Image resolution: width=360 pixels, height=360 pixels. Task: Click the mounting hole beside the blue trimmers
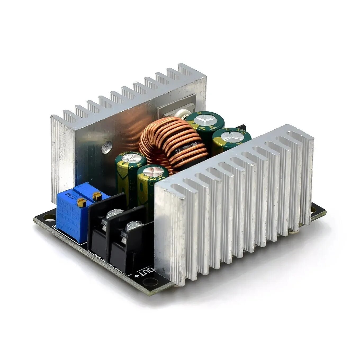coord(47,219)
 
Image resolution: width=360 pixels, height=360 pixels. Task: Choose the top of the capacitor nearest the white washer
coord(205,120)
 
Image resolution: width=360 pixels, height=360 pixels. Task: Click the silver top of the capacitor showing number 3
coord(153,171)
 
